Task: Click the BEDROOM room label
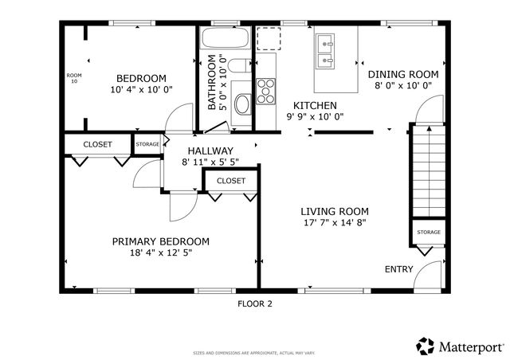[x=141, y=78]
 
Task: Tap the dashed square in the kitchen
[x=269, y=38]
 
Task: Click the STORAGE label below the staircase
[x=429, y=233]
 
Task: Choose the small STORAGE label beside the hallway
[x=147, y=144]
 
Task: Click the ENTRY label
[x=398, y=269]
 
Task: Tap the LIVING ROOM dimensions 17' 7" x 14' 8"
[x=334, y=224]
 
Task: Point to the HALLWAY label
[x=210, y=151]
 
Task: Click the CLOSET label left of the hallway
[x=98, y=144]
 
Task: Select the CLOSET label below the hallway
[x=231, y=181]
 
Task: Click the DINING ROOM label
[x=403, y=73]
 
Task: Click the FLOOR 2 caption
[x=255, y=303]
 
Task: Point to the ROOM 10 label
[x=73, y=78]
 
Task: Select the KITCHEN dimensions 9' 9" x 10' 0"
[x=315, y=116]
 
